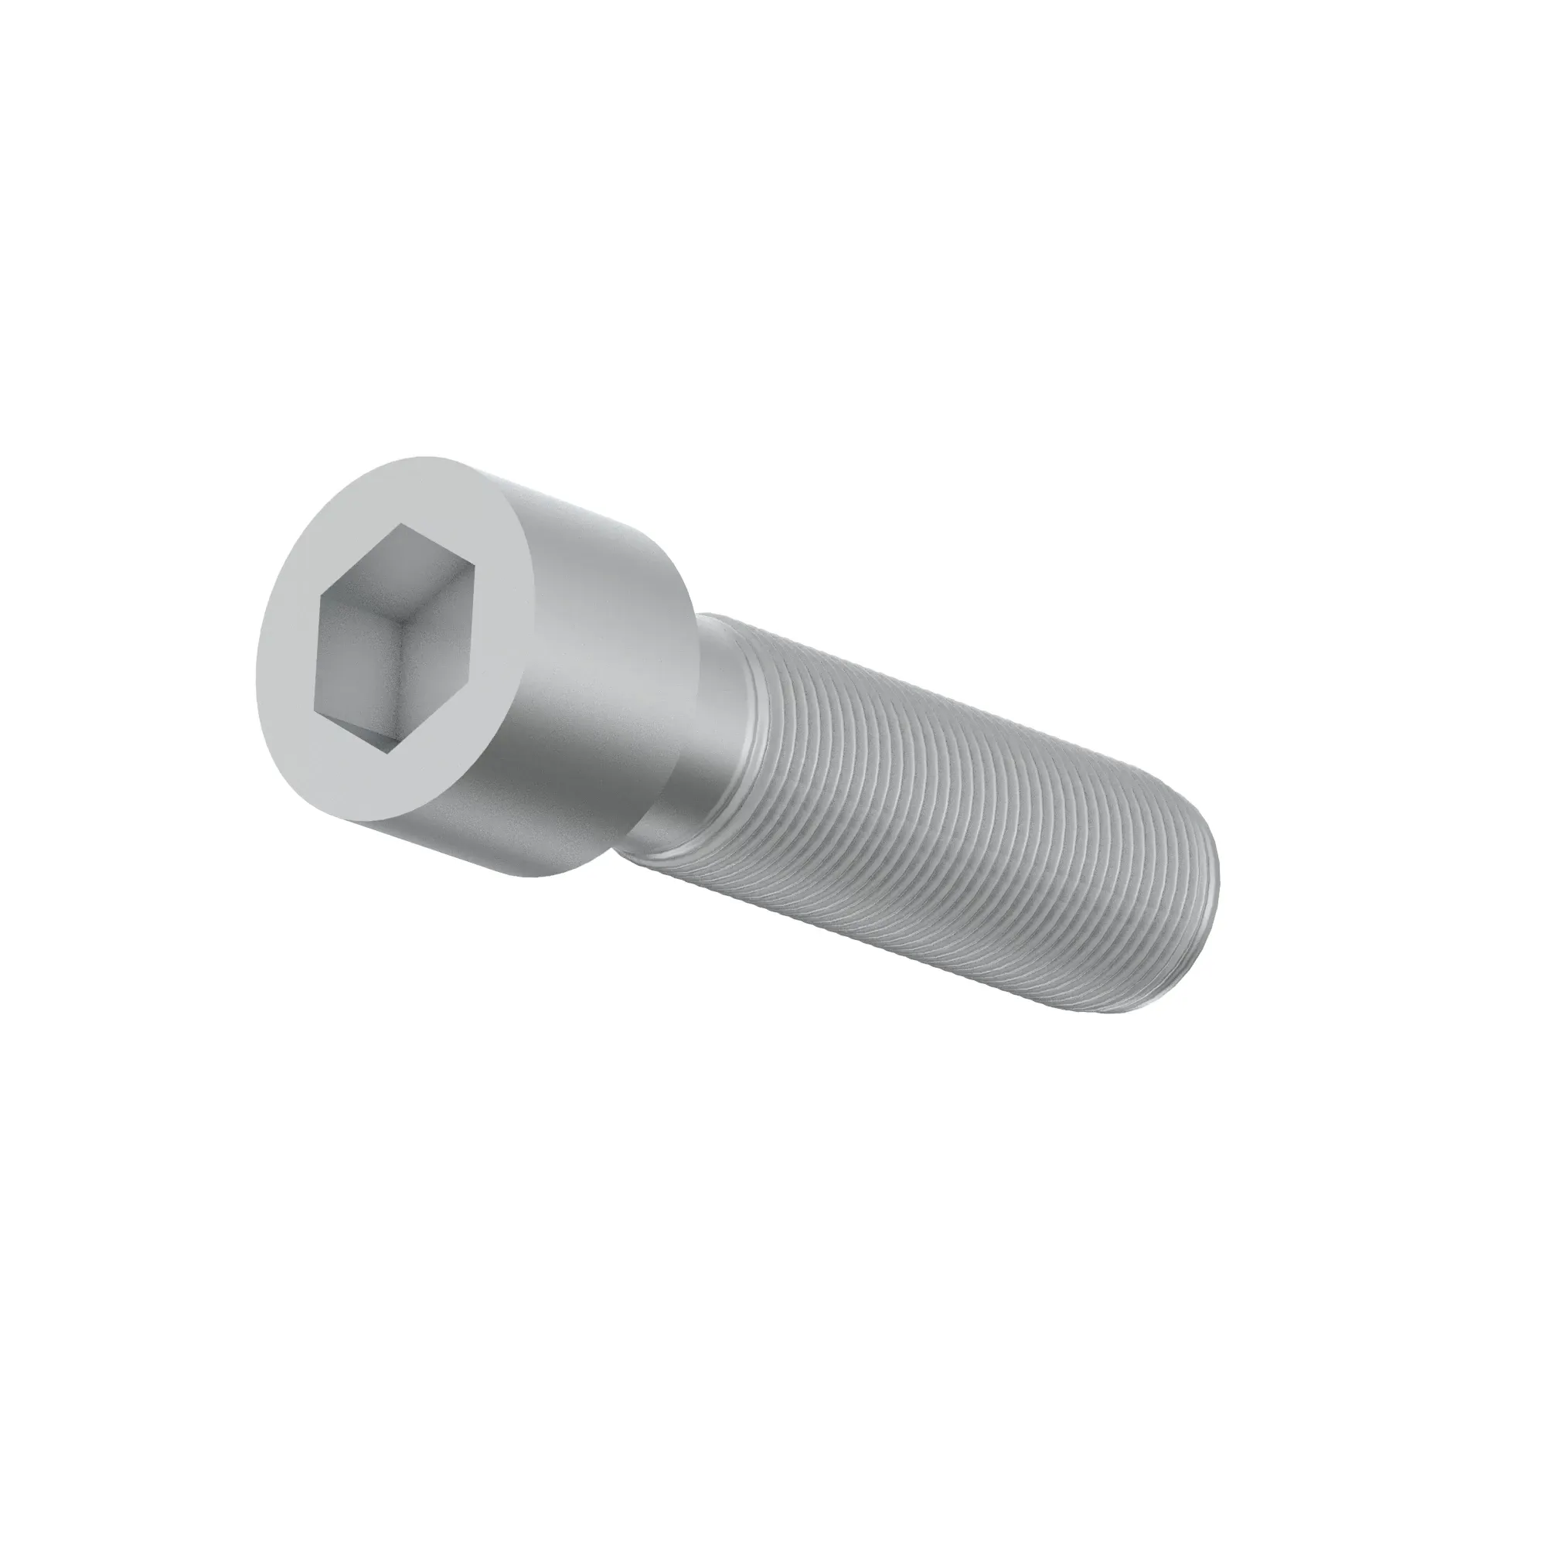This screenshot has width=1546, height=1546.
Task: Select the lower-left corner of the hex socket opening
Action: pyautogui.click(x=317, y=710)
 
